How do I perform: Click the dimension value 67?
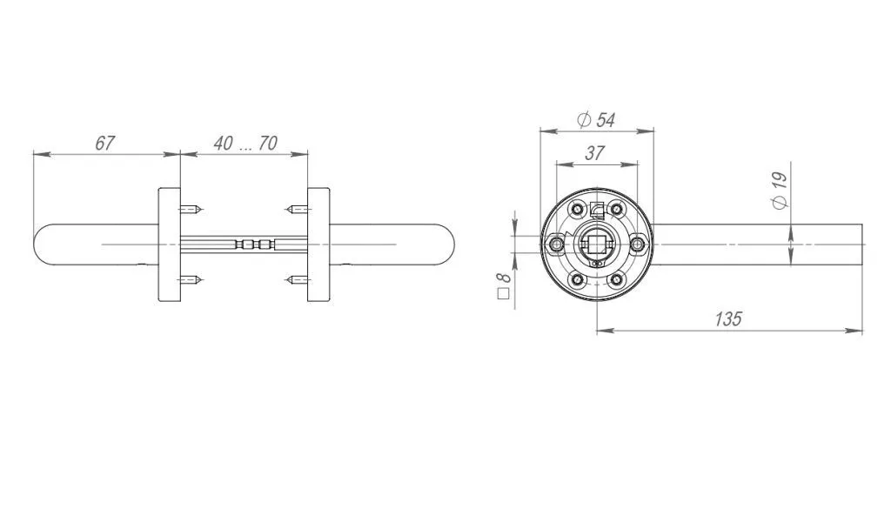coord(104,144)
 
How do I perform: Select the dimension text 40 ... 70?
coord(245,144)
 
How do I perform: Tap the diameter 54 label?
coord(596,120)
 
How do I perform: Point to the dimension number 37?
coord(594,153)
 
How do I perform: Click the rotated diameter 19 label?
coord(780,191)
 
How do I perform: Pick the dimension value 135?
coord(728,318)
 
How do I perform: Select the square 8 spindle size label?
coord(504,285)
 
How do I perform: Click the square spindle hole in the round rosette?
coord(597,244)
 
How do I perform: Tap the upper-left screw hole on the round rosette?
coord(578,210)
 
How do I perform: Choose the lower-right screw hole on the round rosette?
coord(616,279)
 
